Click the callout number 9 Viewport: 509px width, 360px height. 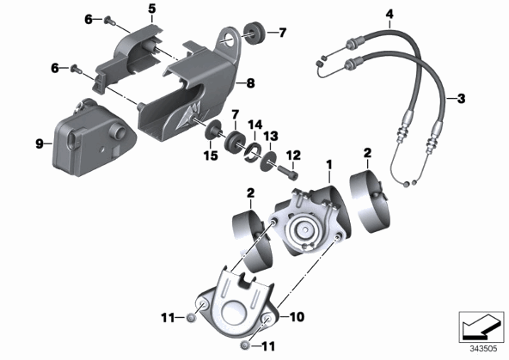(x=40, y=143)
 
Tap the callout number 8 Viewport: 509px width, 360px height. (x=250, y=83)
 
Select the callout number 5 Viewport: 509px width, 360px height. (x=152, y=9)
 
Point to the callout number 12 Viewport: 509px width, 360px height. (x=293, y=155)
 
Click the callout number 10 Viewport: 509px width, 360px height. (x=297, y=316)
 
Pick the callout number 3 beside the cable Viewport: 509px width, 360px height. (x=461, y=98)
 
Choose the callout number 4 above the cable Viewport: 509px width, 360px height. (x=389, y=14)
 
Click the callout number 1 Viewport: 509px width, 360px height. (x=329, y=165)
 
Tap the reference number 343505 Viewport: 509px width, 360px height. (x=484, y=349)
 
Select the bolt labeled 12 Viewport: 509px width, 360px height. (x=287, y=172)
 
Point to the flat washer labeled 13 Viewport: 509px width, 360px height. (x=268, y=161)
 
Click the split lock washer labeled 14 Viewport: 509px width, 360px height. (x=253, y=151)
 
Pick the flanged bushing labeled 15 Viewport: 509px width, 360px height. (x=214, y=131)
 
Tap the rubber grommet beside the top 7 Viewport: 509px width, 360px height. (x=254, y=33)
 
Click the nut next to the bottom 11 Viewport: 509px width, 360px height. (x=246, y=345)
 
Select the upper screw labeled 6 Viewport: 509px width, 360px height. (x=110, y=21)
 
